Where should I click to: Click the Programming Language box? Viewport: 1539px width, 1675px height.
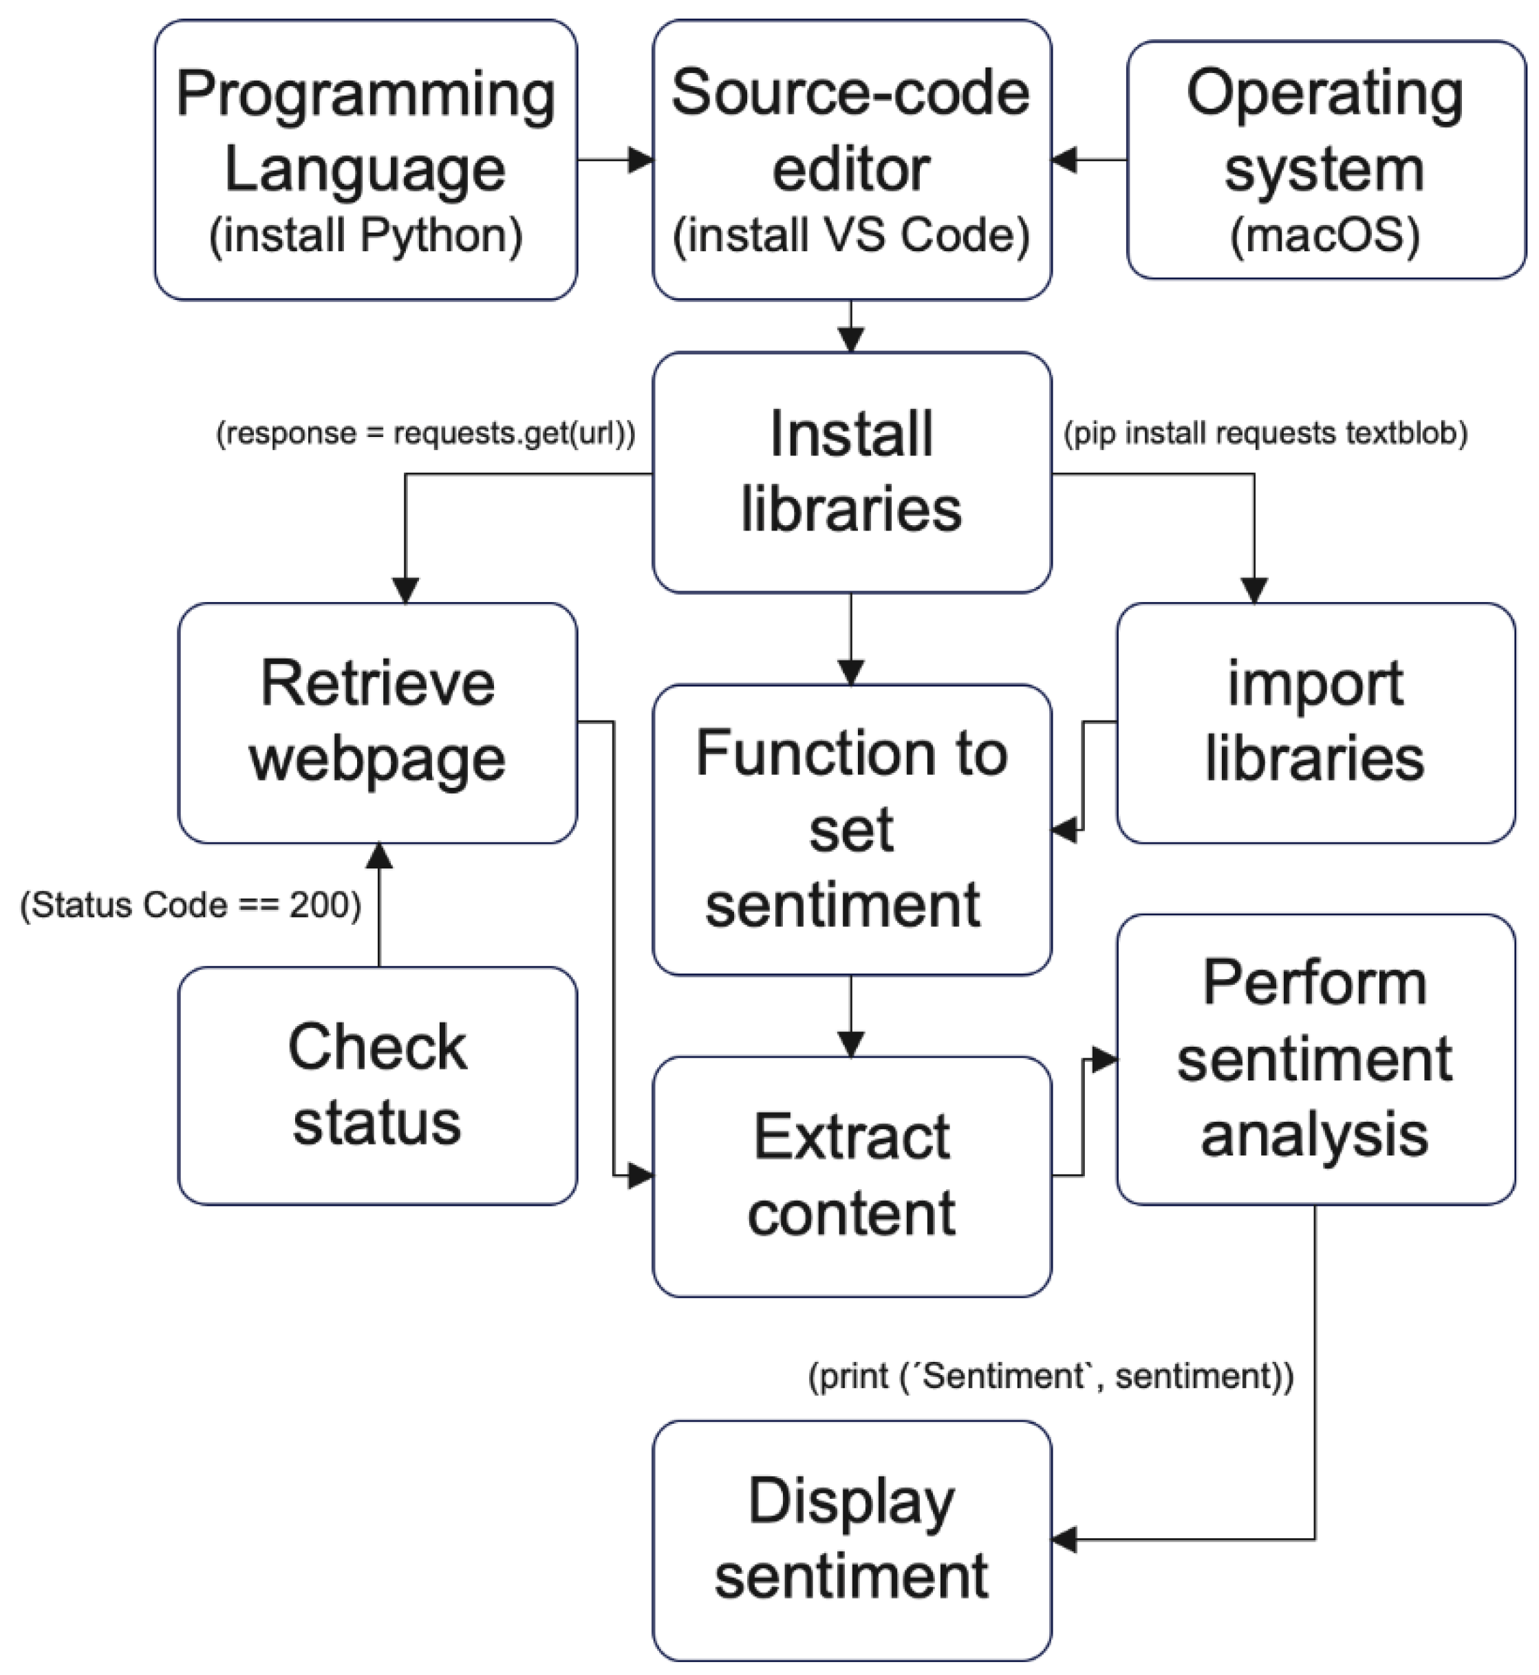click(365, 159)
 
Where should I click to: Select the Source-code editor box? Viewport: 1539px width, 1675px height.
click(851, 159)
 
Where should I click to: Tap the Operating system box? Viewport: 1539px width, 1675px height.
click(1325, 159)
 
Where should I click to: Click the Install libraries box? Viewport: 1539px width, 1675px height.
click(851, 471)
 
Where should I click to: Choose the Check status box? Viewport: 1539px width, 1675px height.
click(377, 1085)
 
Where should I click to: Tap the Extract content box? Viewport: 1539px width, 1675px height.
click(851, 1175)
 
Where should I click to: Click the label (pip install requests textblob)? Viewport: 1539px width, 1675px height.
click(1265, 433)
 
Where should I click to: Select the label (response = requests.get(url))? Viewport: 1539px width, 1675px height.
click(426, 433)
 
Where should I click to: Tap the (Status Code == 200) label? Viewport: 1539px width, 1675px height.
click(191, 904)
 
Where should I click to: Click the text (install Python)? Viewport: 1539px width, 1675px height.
click(365, 236)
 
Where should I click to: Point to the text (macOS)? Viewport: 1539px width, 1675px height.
click(1325, 236)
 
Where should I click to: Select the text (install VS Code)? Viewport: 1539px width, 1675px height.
click(851, 236)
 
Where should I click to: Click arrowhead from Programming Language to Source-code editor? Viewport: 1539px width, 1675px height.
click(641, 159)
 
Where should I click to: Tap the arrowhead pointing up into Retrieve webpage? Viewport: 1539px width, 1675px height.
click(379, 855)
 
